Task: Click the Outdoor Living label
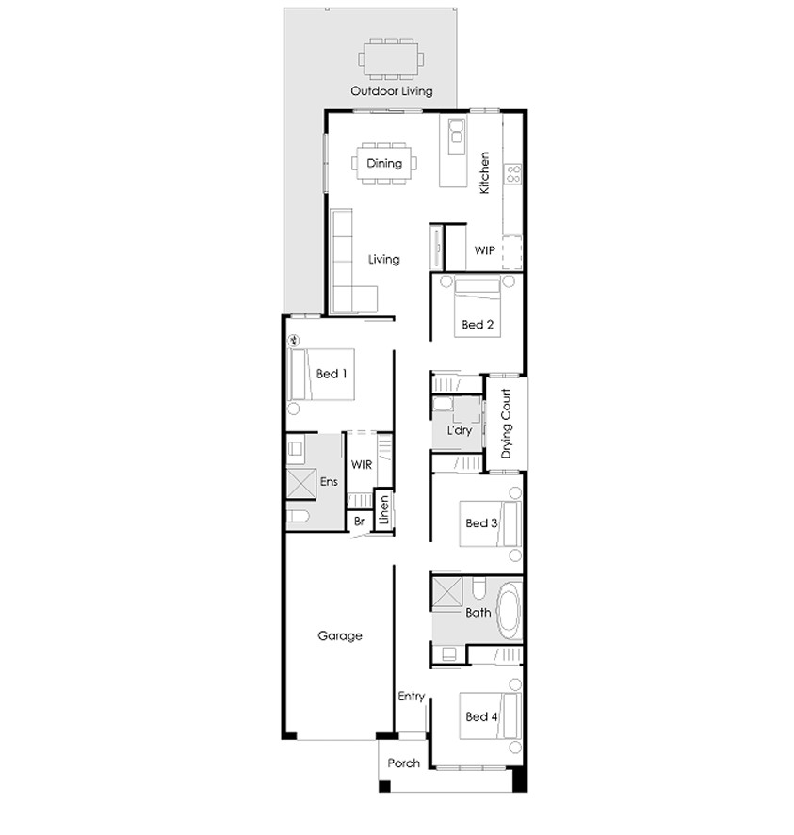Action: coord(391,91)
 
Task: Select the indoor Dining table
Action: coord(383,163)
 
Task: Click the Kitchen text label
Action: coord(485,172)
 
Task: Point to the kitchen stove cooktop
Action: coord(513,173)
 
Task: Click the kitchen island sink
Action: coord(458,136)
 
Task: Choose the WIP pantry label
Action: coord(484,250)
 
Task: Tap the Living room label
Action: coord(383,259)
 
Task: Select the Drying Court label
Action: coord(506,424)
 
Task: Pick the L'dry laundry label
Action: coord(459,429)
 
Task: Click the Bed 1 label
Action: coord(332,374)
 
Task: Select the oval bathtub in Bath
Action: coord(508,609)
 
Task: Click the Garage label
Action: coord(339,636)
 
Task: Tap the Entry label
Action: coord(411,697)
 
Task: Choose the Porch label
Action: coord(403,763)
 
